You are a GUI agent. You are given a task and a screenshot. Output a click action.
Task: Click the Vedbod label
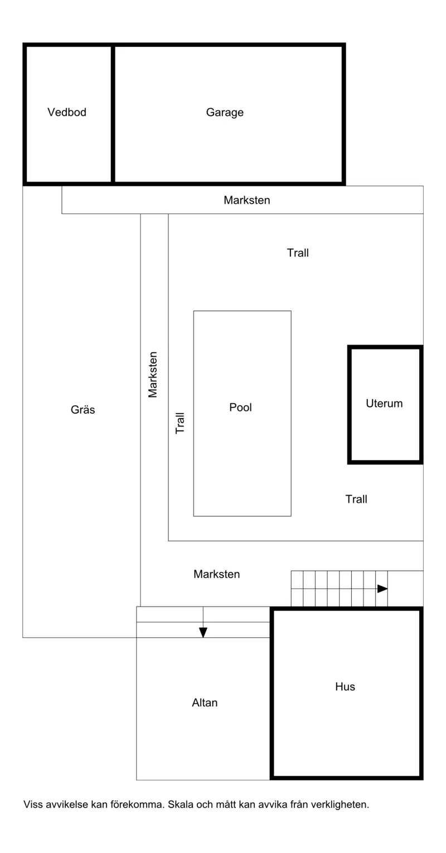(x=67, y=112)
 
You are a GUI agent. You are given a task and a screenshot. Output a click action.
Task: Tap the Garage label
(x=225, y=112)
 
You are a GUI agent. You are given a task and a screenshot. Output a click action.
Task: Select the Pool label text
(x=240, y=407)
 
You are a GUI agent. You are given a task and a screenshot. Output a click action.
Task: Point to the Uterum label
(x=384, y=403)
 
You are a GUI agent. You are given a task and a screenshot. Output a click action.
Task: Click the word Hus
(x=345, y=686)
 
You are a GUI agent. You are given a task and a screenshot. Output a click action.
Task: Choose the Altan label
(x=205, y=702)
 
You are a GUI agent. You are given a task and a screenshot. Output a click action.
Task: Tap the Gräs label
(x=83, y=409)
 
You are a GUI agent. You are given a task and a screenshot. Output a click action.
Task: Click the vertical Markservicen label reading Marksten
(x=152, y=375)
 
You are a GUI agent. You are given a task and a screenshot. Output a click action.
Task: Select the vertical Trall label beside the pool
(x=180, y=423)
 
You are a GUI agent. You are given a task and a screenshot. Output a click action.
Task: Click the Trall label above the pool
(x=298, y=253)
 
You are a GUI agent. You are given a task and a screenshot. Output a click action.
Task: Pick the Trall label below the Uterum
(x=356, y=499)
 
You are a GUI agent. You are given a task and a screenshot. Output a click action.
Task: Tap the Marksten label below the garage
(x=247, y=200)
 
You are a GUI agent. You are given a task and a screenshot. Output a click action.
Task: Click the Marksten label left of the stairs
(x=217, y=574)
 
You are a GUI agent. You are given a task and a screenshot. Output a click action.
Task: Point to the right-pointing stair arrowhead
(x=382, y=589)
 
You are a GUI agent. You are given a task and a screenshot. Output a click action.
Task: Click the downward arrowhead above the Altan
(x=203, y=633)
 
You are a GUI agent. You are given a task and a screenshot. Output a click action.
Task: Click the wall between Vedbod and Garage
(x=113, y=114)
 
